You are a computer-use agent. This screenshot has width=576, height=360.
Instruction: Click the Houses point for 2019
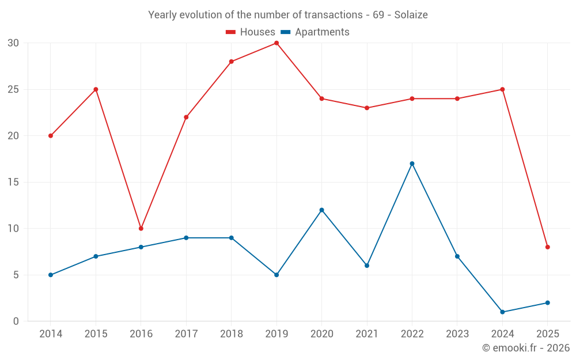(276, 43)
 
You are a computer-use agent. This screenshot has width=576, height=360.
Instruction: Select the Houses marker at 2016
(141, 229)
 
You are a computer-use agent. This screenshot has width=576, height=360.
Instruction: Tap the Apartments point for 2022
(412, 164)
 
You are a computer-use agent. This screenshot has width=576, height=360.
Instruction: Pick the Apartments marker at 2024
(502, 312)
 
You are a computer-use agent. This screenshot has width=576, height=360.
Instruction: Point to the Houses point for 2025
(548, 247)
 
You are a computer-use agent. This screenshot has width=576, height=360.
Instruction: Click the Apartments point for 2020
(321, 210)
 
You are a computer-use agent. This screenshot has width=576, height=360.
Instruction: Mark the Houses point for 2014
(51, 136)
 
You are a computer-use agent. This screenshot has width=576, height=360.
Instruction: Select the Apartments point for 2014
(51, 275)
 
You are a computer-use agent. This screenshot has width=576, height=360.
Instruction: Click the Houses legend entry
(250, 32)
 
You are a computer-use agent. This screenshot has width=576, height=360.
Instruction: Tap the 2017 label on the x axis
(186, 334)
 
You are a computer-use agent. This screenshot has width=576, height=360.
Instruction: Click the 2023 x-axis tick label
(457, 334)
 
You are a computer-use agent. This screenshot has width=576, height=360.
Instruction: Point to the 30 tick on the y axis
(13, 43)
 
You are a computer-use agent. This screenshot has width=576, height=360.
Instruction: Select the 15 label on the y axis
(13, 182)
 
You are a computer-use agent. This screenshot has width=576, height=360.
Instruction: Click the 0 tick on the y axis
(16, 321)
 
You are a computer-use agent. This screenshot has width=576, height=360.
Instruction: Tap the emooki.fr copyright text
(526, 348)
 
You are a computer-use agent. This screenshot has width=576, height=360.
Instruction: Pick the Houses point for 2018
(231, 62)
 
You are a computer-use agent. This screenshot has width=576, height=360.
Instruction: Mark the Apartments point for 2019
(276, 275)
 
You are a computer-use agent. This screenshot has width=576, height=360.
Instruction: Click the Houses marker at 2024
(502, 89)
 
